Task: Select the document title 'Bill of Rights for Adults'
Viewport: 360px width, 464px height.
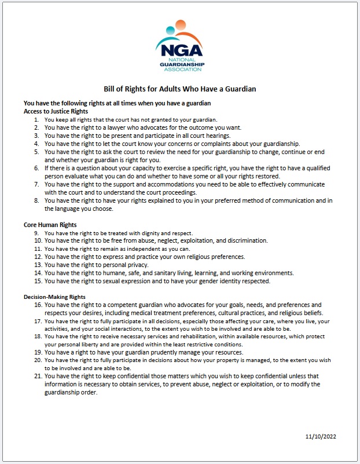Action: click(x=179, y=89)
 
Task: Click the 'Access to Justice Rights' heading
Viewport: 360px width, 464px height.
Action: click(x=56, y=111)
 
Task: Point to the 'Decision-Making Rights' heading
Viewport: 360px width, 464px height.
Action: click(x=54, y=297)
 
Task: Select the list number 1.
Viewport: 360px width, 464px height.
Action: click(x=37, y=119)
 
